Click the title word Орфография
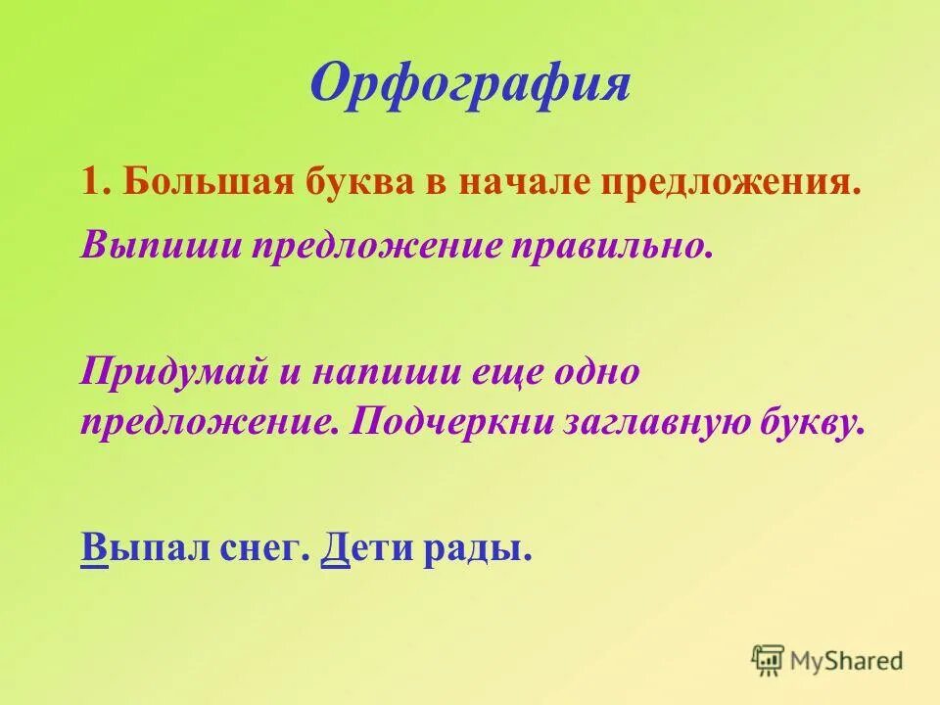[470, 84]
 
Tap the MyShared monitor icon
[768, 660]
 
